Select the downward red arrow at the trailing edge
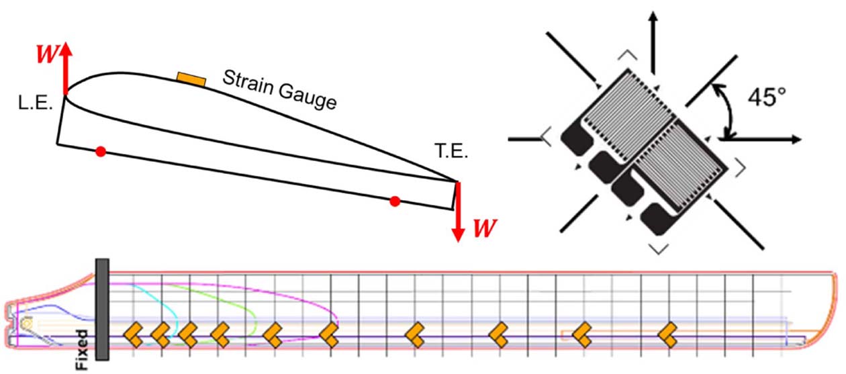coord(458,211)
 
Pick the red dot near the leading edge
coord(101,151)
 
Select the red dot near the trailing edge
coord(395,200)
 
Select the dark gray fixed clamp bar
coord(103,309)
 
